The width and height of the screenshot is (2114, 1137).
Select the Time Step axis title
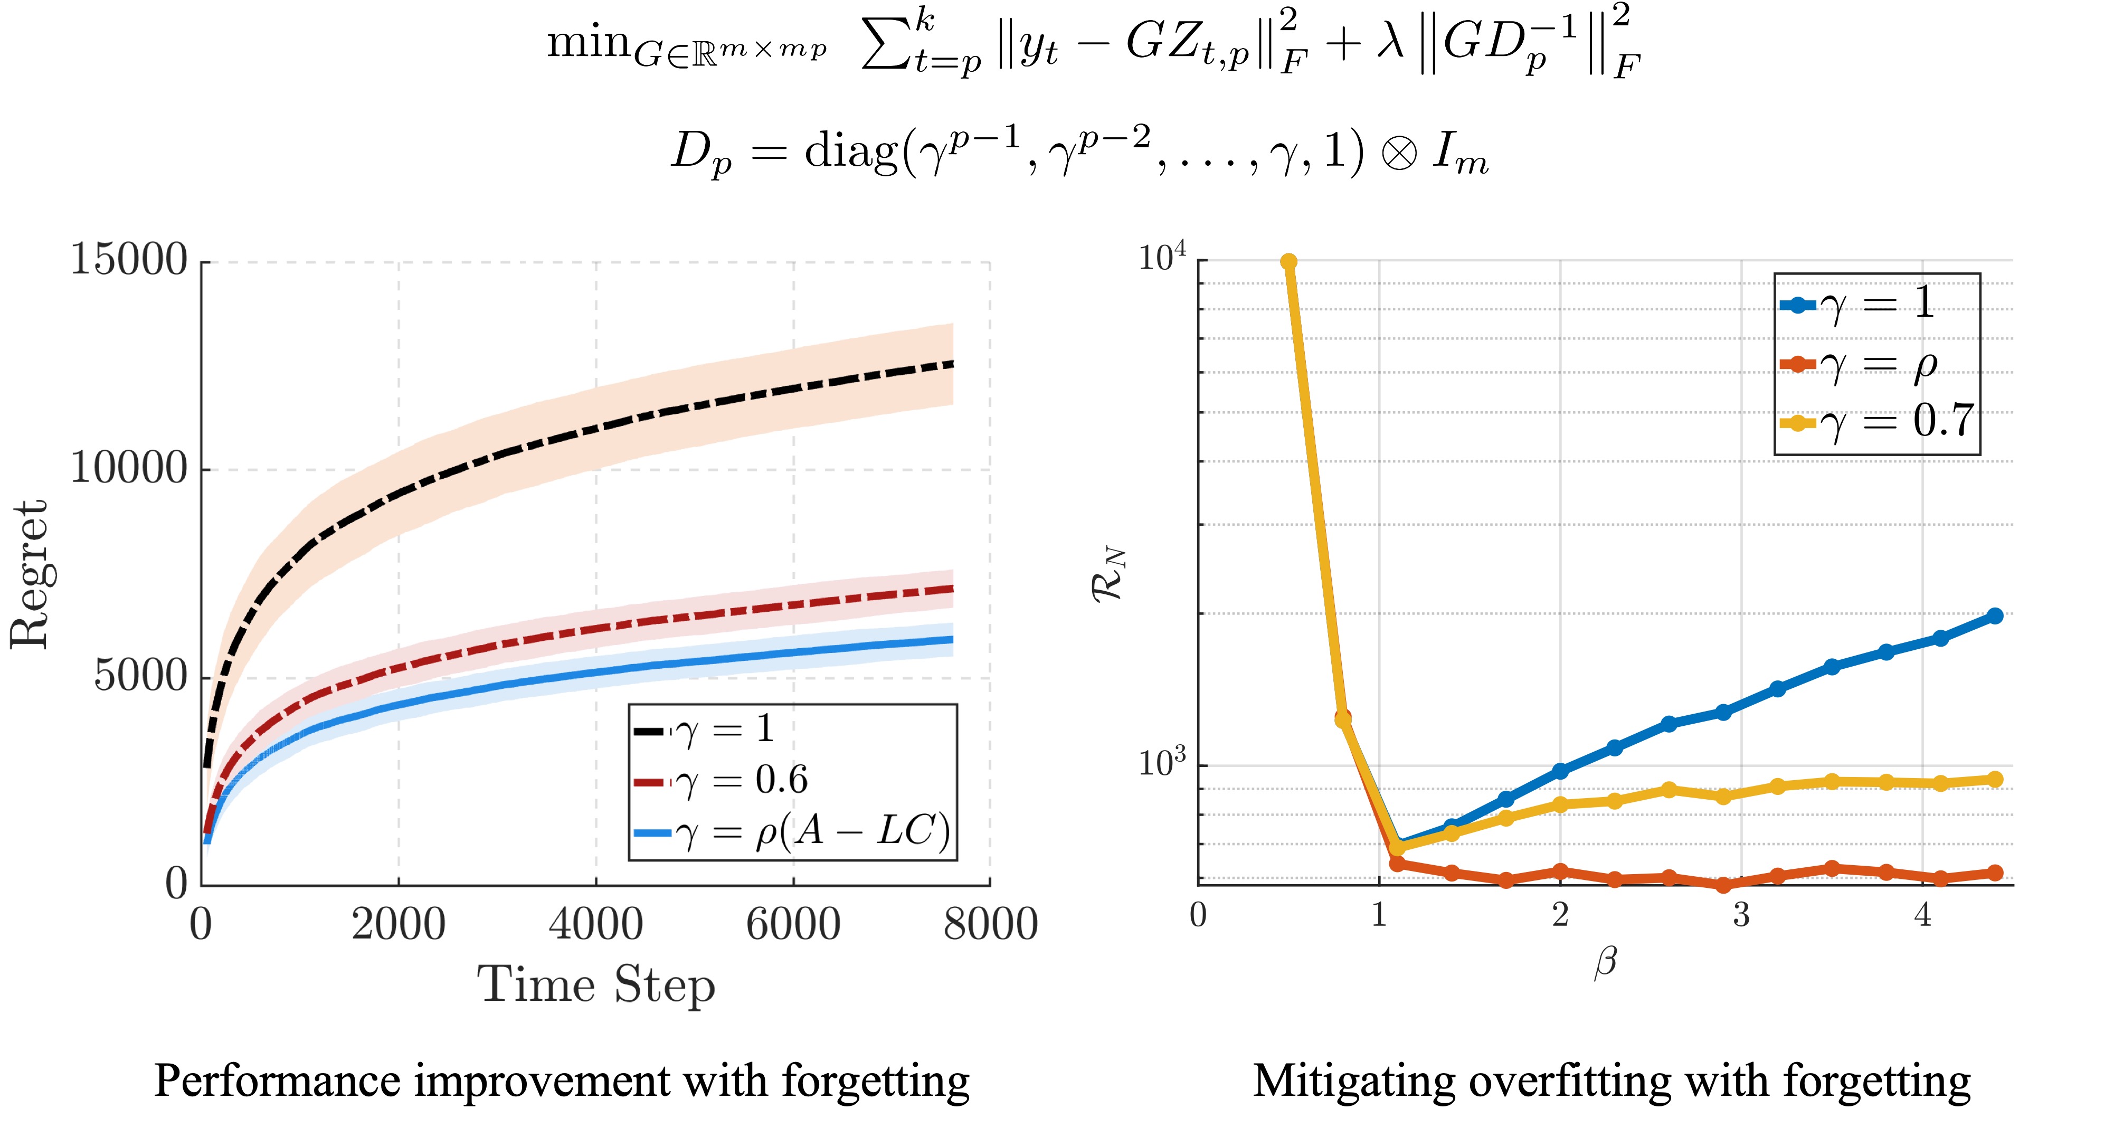tap(596, 984)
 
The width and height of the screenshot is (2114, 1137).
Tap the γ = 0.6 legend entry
tap(738, 780)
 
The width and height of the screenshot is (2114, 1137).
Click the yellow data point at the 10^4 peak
tap(1288, 262)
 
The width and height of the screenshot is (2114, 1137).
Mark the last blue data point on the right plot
tap(1995, 615)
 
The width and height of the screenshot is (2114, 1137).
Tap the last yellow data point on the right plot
tap(1995, 779)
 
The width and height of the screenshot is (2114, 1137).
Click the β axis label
tap(1605, 962)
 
